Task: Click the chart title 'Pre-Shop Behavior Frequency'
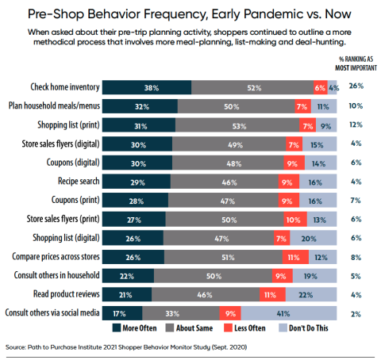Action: pos(117,13)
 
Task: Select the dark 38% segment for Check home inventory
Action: pos(147,87)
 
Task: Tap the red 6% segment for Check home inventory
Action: pos(321,87)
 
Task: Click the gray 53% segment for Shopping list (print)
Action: pos(237,125)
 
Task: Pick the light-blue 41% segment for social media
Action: pos(289,313)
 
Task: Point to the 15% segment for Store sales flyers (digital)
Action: pos(319,144)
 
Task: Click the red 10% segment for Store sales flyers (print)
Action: pos(295,219)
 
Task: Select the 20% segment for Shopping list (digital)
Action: pos(314,238)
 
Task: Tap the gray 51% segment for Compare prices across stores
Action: pos(223,257)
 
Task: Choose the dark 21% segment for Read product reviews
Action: pos(127,294)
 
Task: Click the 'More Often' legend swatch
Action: pos(117,328)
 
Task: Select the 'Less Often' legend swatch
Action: pos(228,328)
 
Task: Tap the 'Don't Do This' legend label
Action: pos(309,328)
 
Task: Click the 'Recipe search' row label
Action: pos(79,181)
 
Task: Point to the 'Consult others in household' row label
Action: pos(56,275)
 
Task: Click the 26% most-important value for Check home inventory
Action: pos(356,86)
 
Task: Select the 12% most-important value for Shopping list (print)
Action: pos(356,124)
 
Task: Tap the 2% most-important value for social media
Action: pos(356,314)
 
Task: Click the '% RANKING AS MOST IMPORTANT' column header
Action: pos(356,63)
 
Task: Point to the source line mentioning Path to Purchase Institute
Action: pos(126,347)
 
